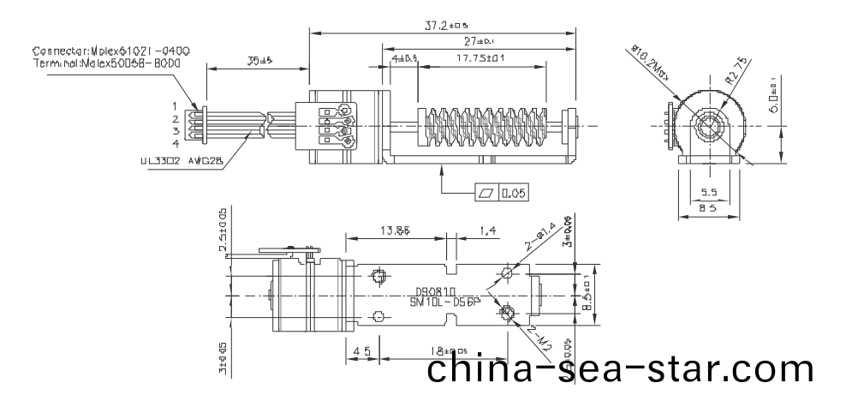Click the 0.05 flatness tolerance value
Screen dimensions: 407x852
[x=514, y=194]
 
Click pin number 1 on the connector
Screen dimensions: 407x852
[x=175, y=105]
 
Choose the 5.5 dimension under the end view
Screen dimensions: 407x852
[x=710, y=194]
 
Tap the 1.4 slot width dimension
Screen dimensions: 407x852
[x=489, y=230]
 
